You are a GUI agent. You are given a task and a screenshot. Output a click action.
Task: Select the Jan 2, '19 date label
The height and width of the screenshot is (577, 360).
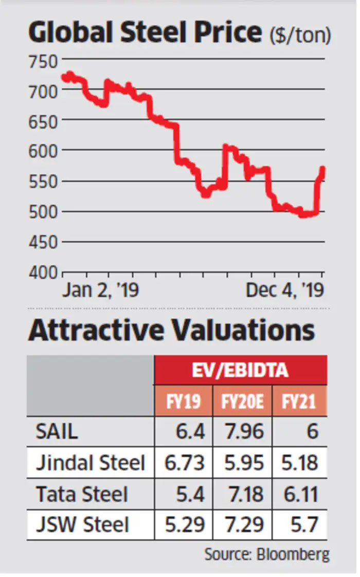coord(101,291)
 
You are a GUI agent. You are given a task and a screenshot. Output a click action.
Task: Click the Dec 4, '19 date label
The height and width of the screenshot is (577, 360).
coord(284,291)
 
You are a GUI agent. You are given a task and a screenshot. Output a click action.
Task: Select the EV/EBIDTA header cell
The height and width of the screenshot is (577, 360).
coord(241,370)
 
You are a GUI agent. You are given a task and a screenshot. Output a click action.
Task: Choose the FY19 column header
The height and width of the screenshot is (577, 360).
coord(183,401)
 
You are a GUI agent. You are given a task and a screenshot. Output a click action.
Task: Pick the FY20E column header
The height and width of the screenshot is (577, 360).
coord(242,401)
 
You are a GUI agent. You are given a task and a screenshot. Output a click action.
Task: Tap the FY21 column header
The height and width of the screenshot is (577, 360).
coord(299,401)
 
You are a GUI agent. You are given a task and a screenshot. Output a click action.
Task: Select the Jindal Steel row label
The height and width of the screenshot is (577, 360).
coord(91,463)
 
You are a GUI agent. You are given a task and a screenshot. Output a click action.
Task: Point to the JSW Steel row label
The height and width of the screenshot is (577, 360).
coord(82,525)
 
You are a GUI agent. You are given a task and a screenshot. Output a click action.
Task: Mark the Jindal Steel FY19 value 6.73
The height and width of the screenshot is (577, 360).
coord(184,463)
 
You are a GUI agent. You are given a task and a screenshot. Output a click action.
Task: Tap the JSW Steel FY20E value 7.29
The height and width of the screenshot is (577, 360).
coord(245,525)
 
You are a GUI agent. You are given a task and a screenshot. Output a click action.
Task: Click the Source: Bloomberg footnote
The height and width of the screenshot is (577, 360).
coord(267,554)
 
